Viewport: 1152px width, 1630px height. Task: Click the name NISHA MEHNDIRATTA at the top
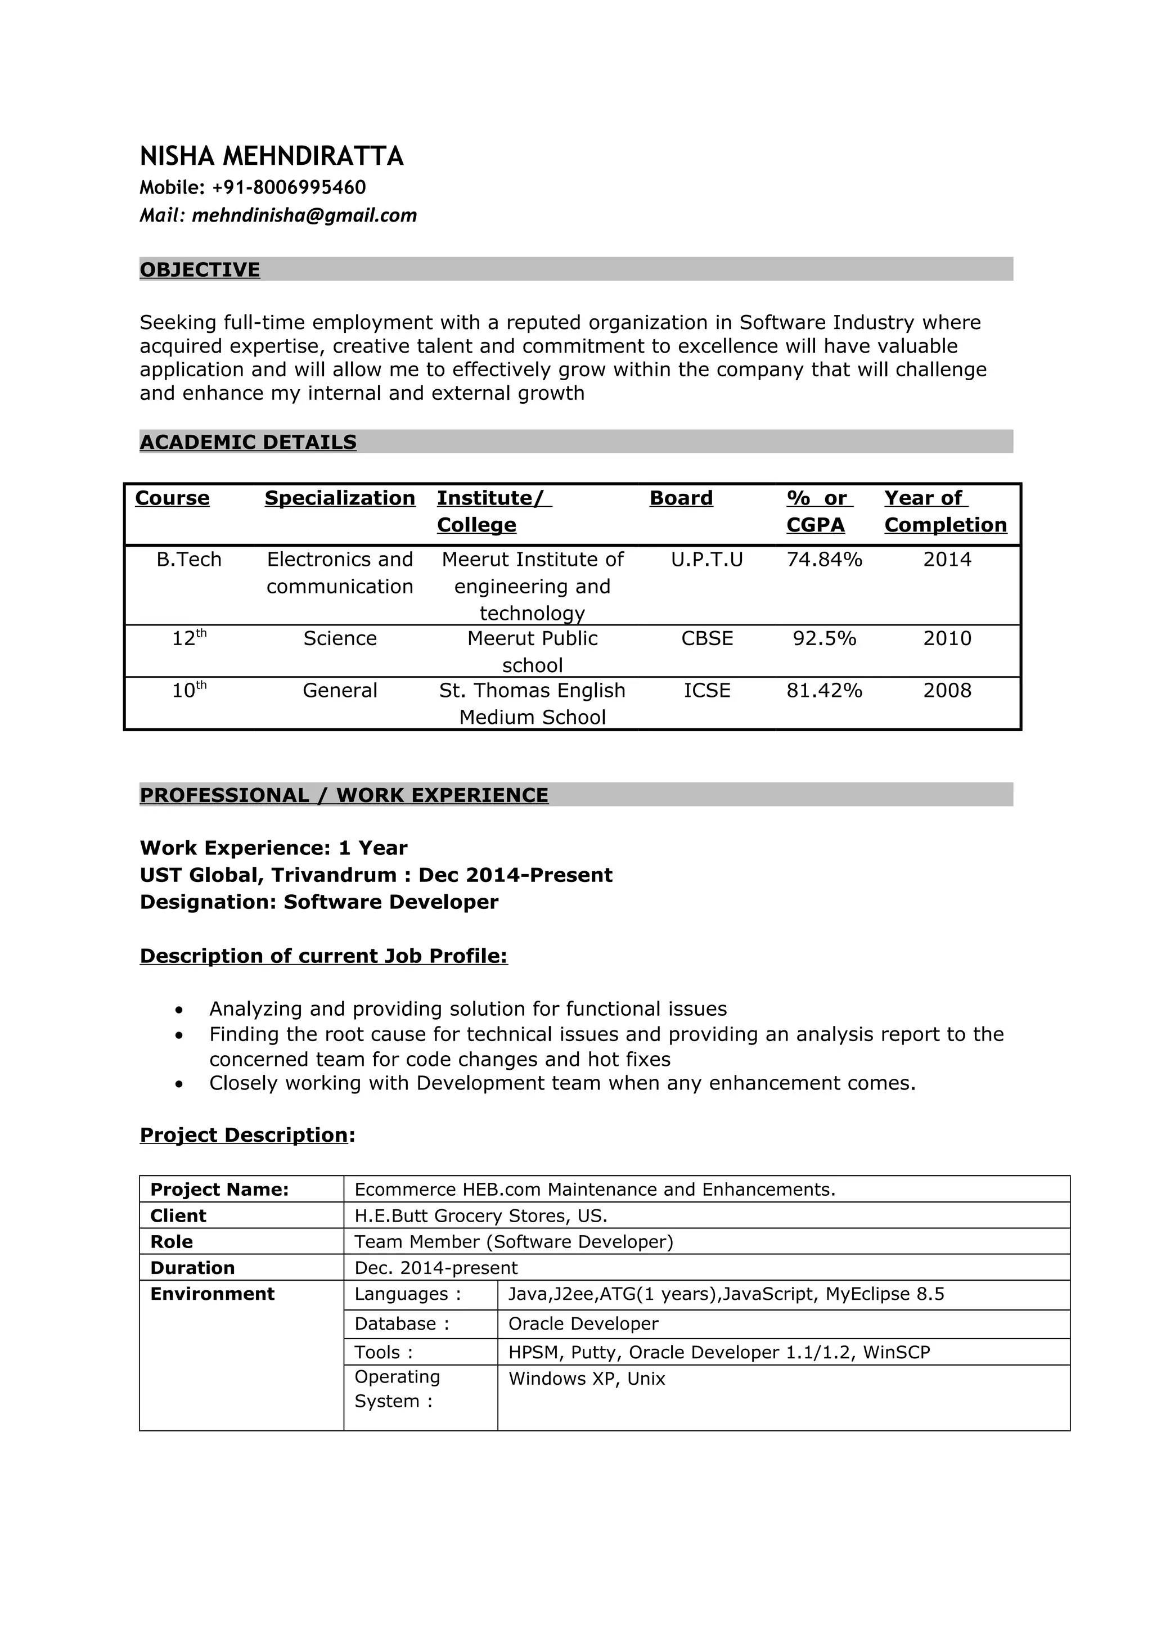point(271,156)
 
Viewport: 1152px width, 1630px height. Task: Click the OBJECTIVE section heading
point(200,270)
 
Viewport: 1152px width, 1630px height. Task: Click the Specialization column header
point(339,498)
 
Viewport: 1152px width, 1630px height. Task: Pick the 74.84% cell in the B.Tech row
point(824,560)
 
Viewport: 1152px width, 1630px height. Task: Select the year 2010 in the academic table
point(947,639)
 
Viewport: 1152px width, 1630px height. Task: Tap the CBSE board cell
point(707,639)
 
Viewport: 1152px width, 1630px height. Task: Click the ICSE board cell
point(707,691)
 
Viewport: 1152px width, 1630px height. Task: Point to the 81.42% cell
point(824,691)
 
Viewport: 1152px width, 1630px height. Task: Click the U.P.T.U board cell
point(707,560)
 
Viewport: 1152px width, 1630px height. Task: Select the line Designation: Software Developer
point(319,902)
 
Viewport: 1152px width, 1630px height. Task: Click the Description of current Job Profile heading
point(323,956)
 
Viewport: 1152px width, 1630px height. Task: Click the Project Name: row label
point(219,1190)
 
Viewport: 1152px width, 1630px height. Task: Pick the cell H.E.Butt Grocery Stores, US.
point(480,1216)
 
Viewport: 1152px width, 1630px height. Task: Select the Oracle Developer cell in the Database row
point(583,1324)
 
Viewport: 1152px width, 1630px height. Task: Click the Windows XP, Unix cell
point(586,1379)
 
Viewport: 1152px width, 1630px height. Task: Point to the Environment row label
point(212,1294)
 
